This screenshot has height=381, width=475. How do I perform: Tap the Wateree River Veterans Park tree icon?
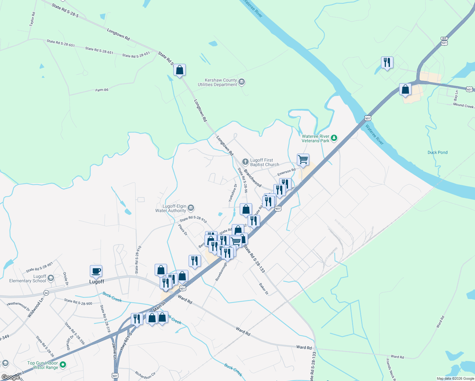click(334, 138)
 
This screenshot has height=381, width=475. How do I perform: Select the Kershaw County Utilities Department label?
click(217, 83)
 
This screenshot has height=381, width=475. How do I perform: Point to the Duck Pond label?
click(437, 152)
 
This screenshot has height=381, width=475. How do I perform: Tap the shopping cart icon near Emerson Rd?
click(303, 160)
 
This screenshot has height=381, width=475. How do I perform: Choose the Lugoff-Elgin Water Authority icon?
click(191, 208)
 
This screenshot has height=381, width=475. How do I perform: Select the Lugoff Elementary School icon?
click(51, 278)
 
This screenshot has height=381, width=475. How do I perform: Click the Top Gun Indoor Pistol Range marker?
click(63, 365)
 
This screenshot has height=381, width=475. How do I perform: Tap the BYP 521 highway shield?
click(444, 41)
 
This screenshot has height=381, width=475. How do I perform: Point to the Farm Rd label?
click(102, 90)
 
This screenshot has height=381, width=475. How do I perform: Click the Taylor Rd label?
click(32, 19)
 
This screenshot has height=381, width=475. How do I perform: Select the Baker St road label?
click(264, 289)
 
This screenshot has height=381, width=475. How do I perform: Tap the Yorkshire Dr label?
click(233, 193)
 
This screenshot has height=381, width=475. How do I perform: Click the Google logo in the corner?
click(10, 377)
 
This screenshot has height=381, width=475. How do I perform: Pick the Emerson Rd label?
click(286, 172)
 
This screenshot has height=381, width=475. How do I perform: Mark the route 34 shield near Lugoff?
click(46, 293)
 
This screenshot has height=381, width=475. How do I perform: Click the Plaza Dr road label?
click(183, 230)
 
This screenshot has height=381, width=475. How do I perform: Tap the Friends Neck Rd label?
click(390, 370)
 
